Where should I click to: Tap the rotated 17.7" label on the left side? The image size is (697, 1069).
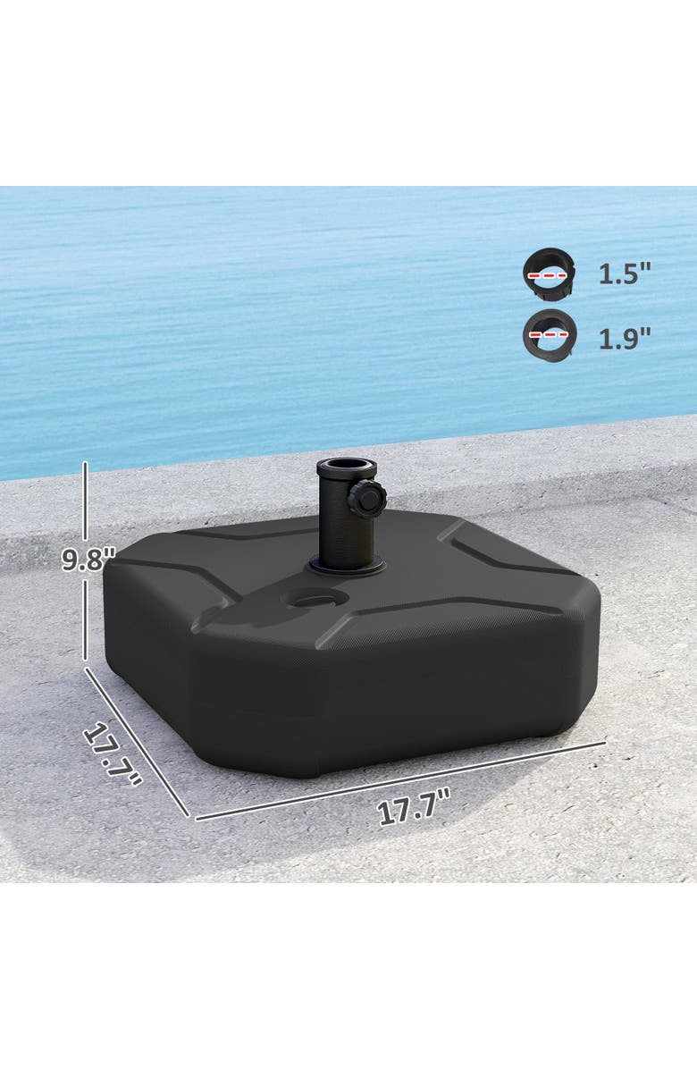click(113, 755)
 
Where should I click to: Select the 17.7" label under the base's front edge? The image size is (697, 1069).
click(413, 811)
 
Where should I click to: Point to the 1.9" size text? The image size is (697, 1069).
click(624, 337)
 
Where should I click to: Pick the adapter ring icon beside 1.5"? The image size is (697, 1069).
click(549, 274)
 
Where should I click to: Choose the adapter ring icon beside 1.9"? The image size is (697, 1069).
click(549, 334)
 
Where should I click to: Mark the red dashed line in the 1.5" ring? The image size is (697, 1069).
click(549, 275)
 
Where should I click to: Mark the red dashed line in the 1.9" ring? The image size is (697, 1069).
click(549, 332)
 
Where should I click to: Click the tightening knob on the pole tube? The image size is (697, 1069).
click(366, 499)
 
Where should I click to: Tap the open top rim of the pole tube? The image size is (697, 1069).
click(346, 466)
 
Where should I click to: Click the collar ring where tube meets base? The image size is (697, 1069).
click(346, 566)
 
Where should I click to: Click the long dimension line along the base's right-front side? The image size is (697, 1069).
click(402, 779)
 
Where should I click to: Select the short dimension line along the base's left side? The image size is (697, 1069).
click(137, 742)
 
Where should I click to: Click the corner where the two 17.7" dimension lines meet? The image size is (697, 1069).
click(191, 818)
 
